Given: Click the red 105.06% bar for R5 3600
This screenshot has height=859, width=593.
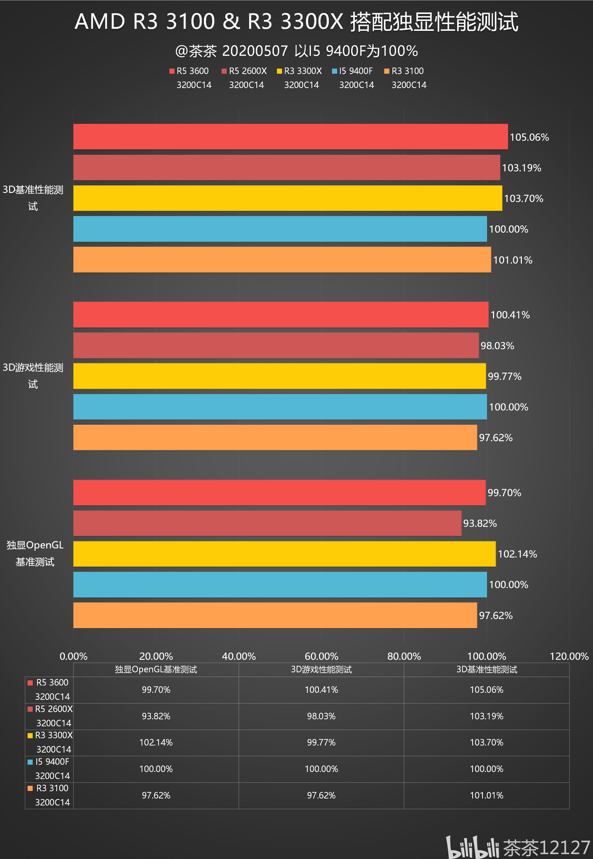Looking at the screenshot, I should tap(291, 137).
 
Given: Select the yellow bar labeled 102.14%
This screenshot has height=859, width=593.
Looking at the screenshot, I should tap(285, 554).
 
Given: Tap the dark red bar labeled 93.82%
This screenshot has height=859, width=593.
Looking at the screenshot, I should tap(267, 523).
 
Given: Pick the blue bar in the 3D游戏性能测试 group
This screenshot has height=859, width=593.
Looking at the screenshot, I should tap(280, 407).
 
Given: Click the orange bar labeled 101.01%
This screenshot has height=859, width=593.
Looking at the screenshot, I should tap(282, 260).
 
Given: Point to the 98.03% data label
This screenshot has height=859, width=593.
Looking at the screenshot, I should tap(497, 346).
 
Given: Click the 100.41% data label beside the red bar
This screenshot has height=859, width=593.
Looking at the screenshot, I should tap(510, 315).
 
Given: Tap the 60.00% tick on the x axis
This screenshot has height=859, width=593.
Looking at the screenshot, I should tap(321, 656).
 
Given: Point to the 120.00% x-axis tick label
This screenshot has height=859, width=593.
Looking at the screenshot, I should tap(569, 656).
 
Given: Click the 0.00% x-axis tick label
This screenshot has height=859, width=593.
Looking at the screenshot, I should tap(74, 656).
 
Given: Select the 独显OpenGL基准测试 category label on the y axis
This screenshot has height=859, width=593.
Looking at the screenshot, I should tap(35, 553).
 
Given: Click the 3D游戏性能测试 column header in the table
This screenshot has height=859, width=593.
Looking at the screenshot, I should tap(321, 669).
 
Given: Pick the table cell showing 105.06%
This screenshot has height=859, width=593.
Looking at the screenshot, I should tap(487, 690).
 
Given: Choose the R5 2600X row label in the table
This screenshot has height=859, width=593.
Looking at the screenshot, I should tap(50, 716).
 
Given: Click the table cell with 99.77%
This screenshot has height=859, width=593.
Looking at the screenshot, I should tap(321, 743).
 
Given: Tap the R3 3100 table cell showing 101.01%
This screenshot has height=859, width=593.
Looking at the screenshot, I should tap(487, 795).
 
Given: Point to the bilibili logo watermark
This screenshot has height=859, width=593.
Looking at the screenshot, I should tap(472, 847).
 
